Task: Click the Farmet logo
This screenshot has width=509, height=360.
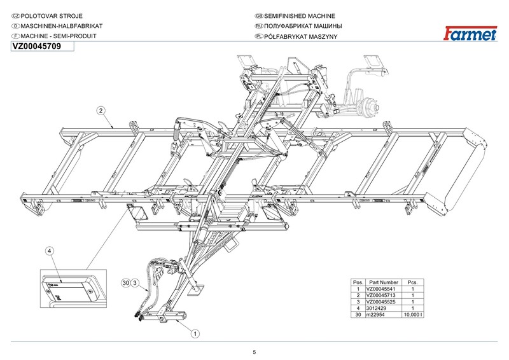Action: [x=470, y=33]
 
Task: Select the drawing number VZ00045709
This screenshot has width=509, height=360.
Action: [x=36, y=46]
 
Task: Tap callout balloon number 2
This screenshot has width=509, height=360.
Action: [x=101, y=111]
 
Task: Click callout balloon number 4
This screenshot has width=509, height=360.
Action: [x=50, y=251]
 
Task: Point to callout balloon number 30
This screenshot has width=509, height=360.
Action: [x=126, y=283]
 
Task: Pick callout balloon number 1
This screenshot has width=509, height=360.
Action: [x=195, y=333]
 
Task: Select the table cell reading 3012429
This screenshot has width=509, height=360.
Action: [x=376, y=308]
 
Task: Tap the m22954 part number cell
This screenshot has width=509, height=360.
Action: [x=375, y=315]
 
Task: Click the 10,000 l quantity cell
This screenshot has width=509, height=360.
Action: [x=413, y=315]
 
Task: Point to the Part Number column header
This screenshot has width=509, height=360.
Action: [x=384, y=282]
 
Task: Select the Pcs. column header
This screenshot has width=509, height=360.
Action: [x=412, y=282]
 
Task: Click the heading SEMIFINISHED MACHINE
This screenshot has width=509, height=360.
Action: [x=299, y=16]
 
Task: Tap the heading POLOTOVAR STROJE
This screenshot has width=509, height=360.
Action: [x=52, y=16]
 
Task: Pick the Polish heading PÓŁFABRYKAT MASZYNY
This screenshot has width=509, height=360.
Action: [x=300, y=36]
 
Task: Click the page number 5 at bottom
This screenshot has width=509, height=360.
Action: [x=254, y=352]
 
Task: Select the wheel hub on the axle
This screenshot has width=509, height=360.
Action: [x=370, y=106]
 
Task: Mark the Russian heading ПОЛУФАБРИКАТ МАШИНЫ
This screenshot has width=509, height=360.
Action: [x=303, y=26]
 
